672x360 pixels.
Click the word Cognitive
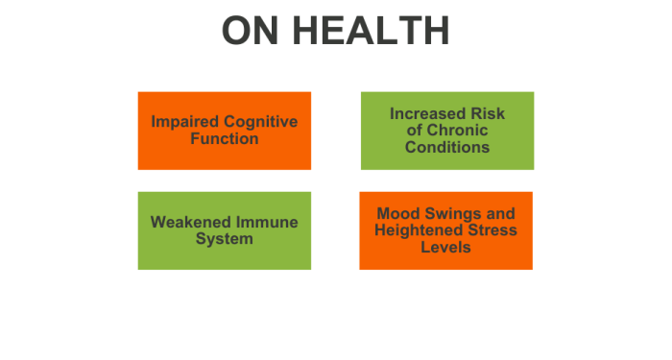click(260, 122)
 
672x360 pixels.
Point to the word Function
click(224, 138)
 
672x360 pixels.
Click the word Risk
click(487, 114)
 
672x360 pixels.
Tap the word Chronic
click(458, 131)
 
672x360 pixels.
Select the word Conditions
click(447, 147)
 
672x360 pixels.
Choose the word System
click(224, 238)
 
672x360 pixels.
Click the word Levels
click(446, 247)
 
